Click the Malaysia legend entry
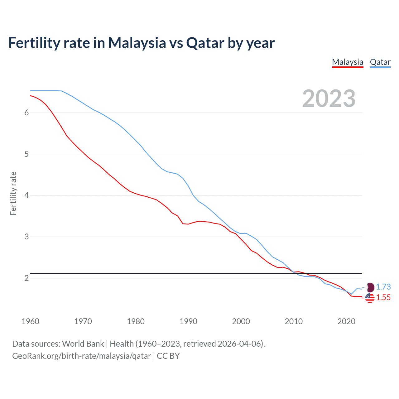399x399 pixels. (348, 62)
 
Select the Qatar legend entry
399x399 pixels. (380, 62)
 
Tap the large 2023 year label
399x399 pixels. (329, 99)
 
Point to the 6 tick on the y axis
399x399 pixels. (26, 113)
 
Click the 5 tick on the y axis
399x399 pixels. (26, 154)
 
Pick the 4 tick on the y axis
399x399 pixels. (26, 195)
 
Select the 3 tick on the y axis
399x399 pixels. (26, 237)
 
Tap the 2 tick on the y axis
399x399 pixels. (26, 278)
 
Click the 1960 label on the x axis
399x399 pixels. (30, 321)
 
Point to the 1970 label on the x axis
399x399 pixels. (83, 321)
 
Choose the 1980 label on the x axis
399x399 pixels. (136, 321)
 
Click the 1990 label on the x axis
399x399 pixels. (188, 321)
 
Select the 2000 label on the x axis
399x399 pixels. (241, 321)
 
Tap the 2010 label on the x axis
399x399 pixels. (294, 321)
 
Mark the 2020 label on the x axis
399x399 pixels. (346, 321)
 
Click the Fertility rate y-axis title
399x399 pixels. (13, 193)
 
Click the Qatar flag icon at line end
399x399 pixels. (370, 287)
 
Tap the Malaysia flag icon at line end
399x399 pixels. (370, 298)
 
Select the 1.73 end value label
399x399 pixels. (383, 287)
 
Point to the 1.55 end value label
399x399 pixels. (383, 298)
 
